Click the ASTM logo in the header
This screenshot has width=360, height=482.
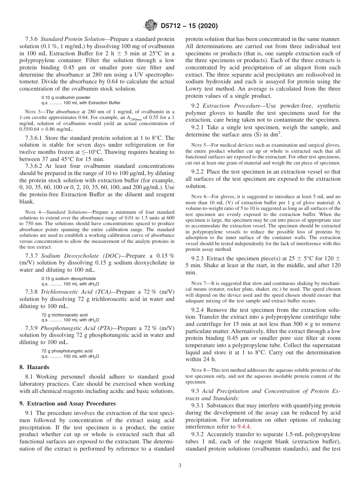(x=150, y=26)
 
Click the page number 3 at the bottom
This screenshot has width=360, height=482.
(x=180, y=466)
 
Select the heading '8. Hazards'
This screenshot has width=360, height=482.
(x=34, y=367)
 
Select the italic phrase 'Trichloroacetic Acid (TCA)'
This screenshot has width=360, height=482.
(x=75, y=292)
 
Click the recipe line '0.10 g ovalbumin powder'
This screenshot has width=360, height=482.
(x=66, y=97)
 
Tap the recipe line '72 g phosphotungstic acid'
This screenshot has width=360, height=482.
(x=67, y=351)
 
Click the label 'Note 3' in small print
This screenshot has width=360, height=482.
(x=32, y=111)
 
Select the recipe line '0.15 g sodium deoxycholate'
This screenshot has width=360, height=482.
(x=69, y=279)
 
